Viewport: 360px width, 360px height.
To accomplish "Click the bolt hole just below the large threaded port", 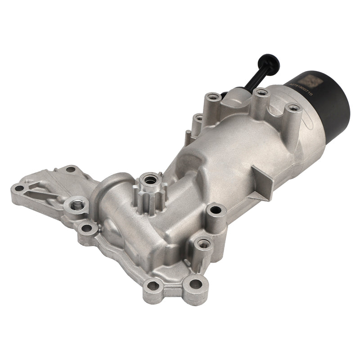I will pos(85,229).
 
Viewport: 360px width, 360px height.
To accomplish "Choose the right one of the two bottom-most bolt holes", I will pos(195,283).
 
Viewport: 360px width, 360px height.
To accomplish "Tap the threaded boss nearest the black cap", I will pos(293,108).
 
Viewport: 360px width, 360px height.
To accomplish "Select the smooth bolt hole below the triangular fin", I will pos(216,210).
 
